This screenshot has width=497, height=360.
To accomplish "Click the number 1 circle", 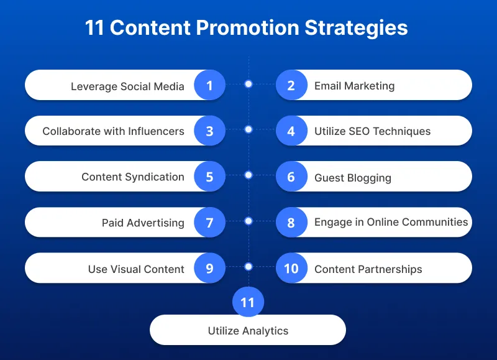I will pos(209,85).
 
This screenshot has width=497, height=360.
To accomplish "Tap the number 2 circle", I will pos(291,85).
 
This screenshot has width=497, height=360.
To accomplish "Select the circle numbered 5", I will pos(209,177).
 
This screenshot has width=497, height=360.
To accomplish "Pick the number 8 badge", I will pos(291,223).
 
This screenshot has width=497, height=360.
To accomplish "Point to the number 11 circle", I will pos(248,303).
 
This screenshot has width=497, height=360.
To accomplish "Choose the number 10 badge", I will pos(291,269).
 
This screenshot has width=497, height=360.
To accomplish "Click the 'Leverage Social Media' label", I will pos(127,86).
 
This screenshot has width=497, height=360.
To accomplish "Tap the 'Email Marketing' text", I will pos(354,86).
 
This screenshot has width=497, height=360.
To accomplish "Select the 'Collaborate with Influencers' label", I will pos(113,131).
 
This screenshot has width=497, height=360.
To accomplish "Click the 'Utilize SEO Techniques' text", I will pos(372,131).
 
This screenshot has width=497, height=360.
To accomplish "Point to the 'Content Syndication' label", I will pos(133,177).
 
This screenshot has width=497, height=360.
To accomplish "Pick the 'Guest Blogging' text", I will pos(353,178).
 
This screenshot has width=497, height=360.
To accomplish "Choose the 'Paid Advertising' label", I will pos(143,223).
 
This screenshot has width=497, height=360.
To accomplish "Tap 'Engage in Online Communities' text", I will pos(391,222).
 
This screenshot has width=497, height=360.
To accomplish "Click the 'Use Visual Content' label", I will pos(136,269).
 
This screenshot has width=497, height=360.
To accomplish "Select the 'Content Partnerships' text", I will pos(368,269).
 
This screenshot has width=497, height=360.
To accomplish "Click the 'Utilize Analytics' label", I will pos(248,331).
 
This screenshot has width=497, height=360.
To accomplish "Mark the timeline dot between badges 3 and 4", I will pos(248,129).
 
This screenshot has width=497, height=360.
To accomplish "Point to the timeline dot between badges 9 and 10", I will pos(248,267).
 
